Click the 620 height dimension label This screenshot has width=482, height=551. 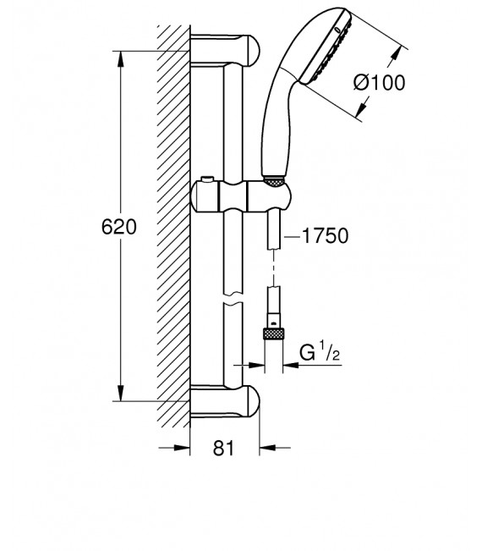pos(119,227)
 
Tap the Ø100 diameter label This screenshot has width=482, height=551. pos(379,83)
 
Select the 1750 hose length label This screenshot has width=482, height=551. pos(325,235)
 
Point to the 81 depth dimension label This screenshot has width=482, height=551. pos(223,448)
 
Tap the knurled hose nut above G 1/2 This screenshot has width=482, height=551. pos(273,333)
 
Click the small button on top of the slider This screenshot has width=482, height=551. pos(207,180)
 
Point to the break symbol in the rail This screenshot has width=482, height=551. pos(233,299)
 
